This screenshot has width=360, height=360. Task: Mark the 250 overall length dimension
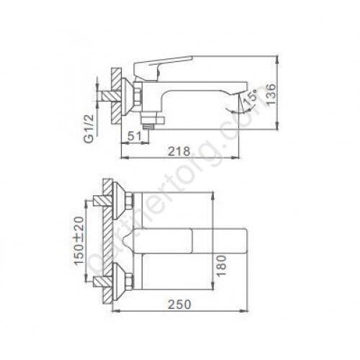click(179, 304)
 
